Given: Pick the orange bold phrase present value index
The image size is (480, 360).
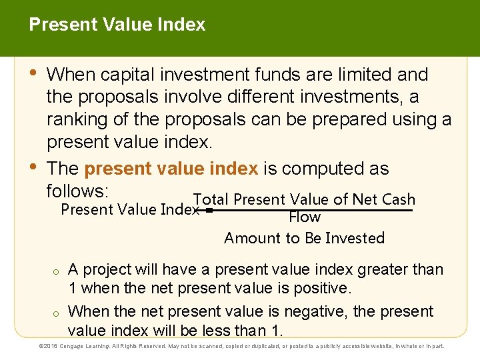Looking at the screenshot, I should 171,169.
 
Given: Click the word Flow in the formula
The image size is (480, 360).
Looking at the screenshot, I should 305,217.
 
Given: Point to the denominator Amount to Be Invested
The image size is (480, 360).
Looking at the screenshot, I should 305,238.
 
